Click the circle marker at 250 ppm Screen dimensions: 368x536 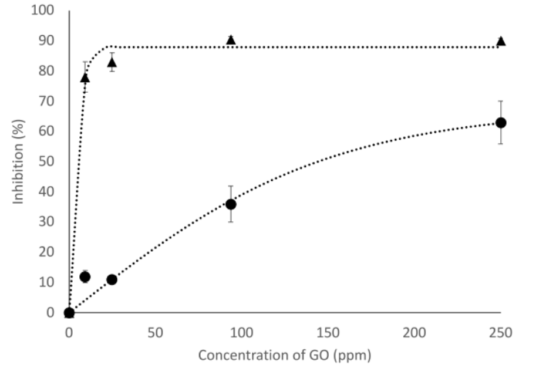click(x=501, y=123)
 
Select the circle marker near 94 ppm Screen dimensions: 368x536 click(x=231, y=204)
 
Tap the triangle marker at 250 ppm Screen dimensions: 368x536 click(x=501, y=41)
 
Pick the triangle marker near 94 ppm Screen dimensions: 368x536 click(x=231, y=40)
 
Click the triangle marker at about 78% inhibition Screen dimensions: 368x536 click(x=85, y=77)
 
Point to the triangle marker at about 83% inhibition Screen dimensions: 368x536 click(x=112, y=62)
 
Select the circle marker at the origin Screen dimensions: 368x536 click(x=69, y=313)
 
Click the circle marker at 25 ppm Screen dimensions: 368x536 click(x=112, y=279)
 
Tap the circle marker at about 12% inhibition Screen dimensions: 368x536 click(x=85, y=276)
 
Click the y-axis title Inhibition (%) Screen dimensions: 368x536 click(x=19, y=161)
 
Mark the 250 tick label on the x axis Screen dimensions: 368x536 click(x=501, y=333)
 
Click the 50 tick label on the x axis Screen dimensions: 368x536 click(x=156, y=333)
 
